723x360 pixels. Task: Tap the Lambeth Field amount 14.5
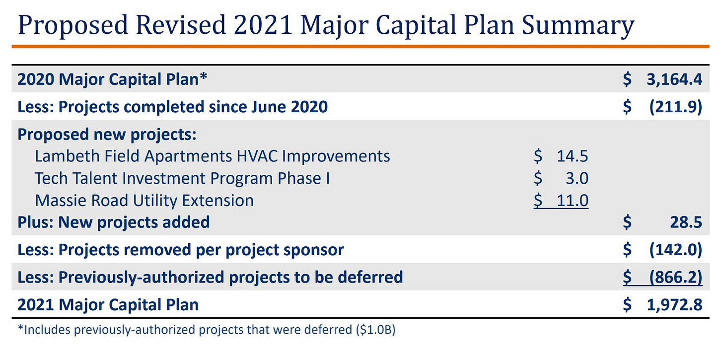[x=572, y=156]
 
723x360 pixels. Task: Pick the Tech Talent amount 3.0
[x=578, y=178]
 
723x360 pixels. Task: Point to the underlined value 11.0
[x=572, y=201]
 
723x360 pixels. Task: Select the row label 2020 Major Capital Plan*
[x=112, y=79]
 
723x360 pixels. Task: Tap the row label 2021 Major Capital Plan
[x=108, y=304]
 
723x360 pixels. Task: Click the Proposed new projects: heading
[x=107, y=135]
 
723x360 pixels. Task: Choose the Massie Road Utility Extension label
[x=144, y=201]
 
